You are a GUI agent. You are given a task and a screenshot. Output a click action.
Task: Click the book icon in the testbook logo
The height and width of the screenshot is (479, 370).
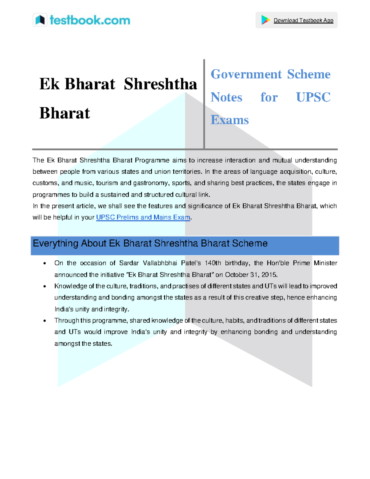[40, 20]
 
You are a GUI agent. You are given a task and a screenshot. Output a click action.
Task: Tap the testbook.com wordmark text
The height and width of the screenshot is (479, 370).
[90, 20]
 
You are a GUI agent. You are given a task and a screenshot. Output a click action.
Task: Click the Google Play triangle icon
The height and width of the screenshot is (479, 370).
[265, 20]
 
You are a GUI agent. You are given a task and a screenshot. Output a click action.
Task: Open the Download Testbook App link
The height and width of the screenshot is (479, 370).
[303, 20]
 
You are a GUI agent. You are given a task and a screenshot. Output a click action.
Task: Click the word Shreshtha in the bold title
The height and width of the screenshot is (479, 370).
[160, 84]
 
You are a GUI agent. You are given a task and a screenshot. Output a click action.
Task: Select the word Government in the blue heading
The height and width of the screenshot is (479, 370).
[246, 74]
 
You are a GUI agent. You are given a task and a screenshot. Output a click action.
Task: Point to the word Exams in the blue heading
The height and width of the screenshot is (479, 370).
[230, 120]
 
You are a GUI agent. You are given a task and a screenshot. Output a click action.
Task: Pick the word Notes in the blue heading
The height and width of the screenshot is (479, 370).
[226, 97]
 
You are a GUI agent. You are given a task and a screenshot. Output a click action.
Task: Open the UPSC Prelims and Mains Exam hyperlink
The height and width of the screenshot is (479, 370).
[143, 217]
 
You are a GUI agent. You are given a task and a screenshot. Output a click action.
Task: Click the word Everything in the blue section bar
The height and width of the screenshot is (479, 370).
[55, 243]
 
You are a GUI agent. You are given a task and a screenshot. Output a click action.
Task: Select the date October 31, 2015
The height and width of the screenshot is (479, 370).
[251, 275]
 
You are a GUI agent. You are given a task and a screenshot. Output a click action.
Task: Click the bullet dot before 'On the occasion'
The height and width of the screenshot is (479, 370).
[45, 263]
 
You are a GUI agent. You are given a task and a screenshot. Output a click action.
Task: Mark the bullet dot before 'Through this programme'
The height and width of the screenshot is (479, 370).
[45, 321]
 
